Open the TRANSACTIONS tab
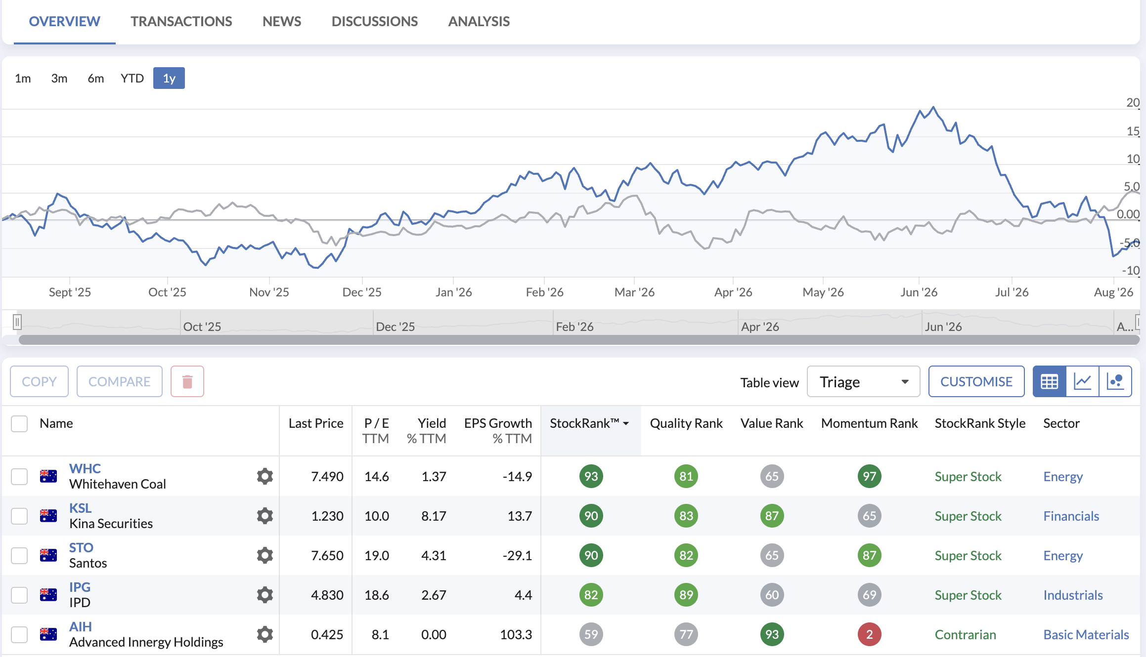181,21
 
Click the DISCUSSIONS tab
374,21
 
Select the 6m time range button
95,78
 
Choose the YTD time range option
132,78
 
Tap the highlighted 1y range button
169,78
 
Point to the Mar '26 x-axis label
634,292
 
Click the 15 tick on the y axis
1133,131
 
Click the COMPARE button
120,381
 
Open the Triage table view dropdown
863,381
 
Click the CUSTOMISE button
976,381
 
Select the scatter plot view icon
1115,381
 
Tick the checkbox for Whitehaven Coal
19,476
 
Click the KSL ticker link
80,508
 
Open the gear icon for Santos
265,555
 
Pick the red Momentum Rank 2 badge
869,634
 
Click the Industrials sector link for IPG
1073,595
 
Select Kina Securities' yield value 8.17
434,516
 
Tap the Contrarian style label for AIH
965,634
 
